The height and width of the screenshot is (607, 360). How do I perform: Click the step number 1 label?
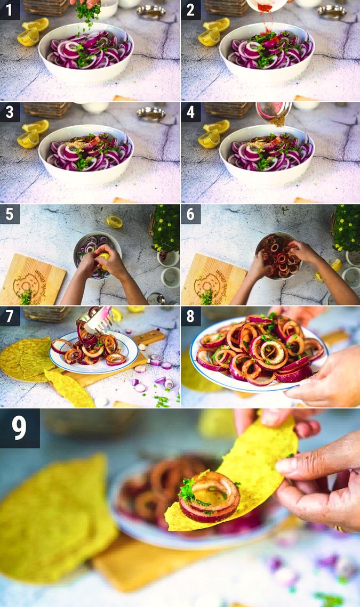pos(10,10)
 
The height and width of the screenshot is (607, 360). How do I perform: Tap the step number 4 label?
pos(190,112)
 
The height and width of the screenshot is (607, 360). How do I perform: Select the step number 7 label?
pos(10,316)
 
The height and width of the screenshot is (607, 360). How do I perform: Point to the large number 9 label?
pos(20,428)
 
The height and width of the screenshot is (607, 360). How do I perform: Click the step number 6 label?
pos(190,214)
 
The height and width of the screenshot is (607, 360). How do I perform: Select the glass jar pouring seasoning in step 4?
pos(274,111)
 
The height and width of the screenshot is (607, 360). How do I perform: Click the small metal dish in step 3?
pos(151,114)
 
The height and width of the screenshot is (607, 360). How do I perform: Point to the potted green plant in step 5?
pos(166,229)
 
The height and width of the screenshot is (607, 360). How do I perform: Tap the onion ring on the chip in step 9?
pos(209,496)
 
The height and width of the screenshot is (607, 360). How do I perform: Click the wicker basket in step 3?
pos(47,109)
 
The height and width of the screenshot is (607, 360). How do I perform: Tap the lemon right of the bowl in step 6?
pos(335,265)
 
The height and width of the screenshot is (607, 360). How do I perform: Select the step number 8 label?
pos(190,316)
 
